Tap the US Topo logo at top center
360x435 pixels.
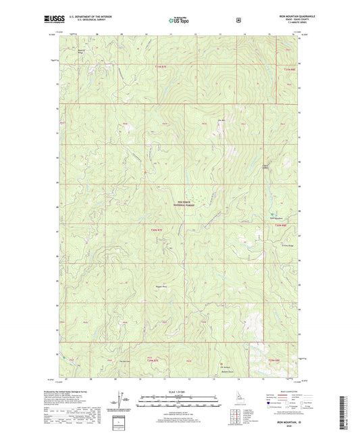[x=179, y=20]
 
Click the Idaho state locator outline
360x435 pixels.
[x=239, y=400]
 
